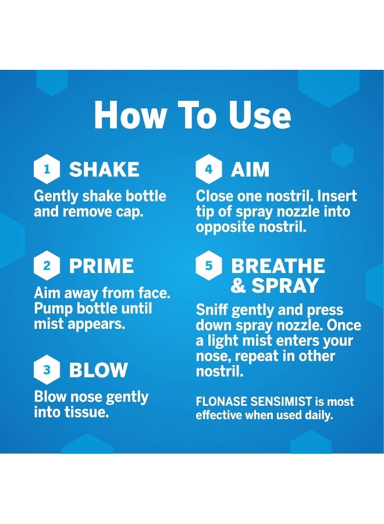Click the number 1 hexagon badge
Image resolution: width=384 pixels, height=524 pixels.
47,169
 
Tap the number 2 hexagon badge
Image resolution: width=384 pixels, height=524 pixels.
47,266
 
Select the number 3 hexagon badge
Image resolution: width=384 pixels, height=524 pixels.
47,370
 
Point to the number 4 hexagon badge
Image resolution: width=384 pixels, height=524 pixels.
208,169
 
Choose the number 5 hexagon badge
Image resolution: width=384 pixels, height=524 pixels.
208,266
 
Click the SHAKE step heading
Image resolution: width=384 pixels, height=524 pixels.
104,169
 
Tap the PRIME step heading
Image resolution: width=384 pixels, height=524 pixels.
101,266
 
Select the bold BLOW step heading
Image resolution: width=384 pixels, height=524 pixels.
98,370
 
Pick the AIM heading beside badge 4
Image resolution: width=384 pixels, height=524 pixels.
250,169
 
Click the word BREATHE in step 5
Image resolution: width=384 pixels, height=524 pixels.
278,266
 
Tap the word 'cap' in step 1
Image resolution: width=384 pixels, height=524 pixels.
129,211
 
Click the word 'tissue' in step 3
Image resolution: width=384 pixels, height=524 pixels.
93,412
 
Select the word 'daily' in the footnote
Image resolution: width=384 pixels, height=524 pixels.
317,416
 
